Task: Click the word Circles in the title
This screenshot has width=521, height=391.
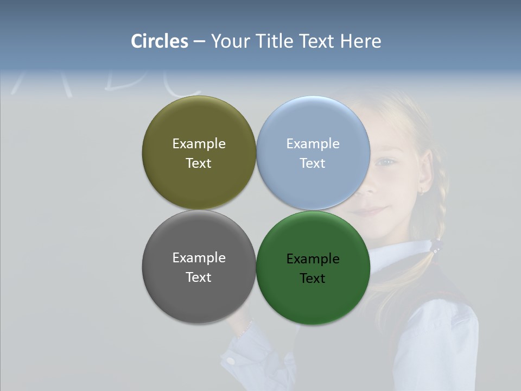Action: pyautogui.click(x=160, y=41)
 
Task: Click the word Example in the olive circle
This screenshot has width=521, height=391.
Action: pyautogui.click(x=199, y=143)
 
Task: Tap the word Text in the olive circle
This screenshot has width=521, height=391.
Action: pyautogui.click(x=199, y=163)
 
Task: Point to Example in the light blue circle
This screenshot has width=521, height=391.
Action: pyautogui.click(x=313, y=143)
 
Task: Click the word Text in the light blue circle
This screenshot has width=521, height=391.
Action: pyautogui.click(x=313, y=163)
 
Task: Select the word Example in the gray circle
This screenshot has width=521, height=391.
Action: pyautogui.click(x=199, y=257)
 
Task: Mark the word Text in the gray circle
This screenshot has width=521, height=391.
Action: pyautogui.click(x=199, y=277)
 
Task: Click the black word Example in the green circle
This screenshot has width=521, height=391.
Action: pyautogui.click(x=313, y=258)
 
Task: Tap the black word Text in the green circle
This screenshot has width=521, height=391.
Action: pyautogui.click(x=313, y=278)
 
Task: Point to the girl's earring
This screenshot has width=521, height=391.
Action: pyautogui.click(x=421, y=191)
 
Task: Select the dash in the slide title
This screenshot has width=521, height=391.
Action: pyautogui.click(x=199, y=42)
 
